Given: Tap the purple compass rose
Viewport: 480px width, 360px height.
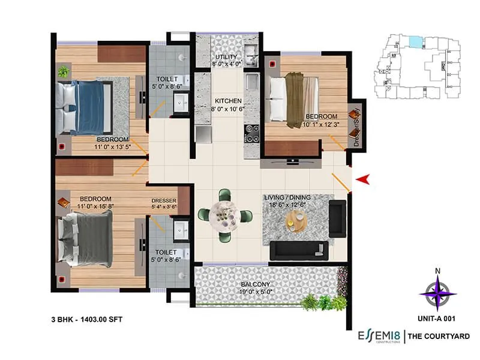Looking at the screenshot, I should pos(438,294).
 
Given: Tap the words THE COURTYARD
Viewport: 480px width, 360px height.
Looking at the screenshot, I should pos(439,337).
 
